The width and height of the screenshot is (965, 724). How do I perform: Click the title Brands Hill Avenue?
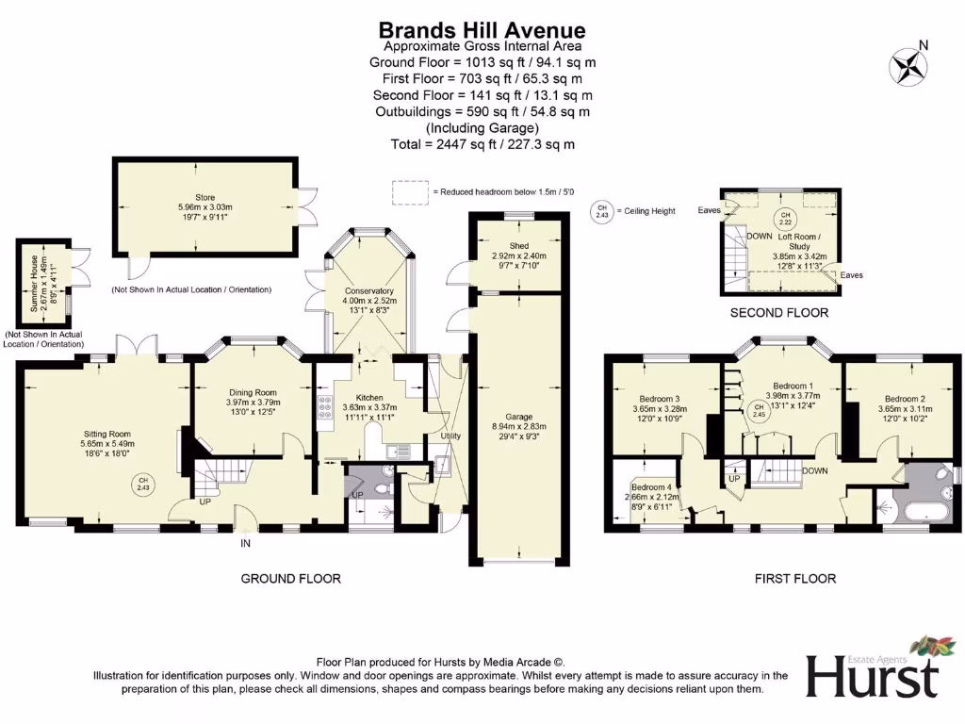coord(482,31)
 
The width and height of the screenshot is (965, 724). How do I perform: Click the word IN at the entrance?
coord(244,544)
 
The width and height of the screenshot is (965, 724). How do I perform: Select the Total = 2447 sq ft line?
coord(482,144)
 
